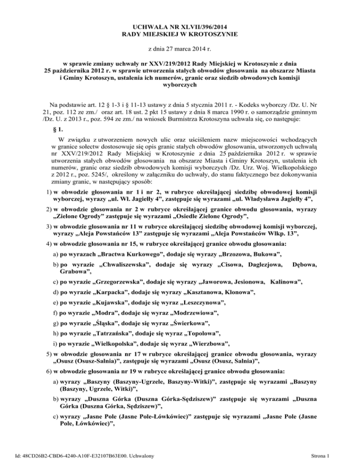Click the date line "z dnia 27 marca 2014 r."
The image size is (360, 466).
180,49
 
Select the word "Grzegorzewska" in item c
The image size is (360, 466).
124,295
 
